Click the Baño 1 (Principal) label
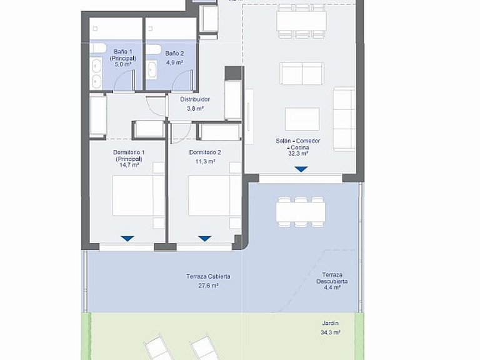pos(122,58)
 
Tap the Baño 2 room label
pos(174,58)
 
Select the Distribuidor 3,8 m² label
pos(195,104)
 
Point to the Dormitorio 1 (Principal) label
pos(129,159)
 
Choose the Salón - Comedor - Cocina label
pos(298,147)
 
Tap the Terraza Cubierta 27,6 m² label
pos(208,281)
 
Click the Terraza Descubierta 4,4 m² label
pos(332,281)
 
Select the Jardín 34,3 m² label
pos(331,328)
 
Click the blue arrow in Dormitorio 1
pos(127,239)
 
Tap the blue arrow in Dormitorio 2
pos(205,239)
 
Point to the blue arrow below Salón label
pos(301,169)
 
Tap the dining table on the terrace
pos(301,212)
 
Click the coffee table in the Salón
pos(302,119)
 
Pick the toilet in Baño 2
pos(153,49)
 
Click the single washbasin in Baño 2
pos(151,70)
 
